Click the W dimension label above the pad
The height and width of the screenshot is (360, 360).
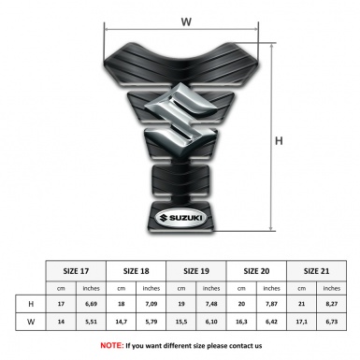[x=186, y=22]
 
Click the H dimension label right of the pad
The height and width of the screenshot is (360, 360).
[x=279, y=141]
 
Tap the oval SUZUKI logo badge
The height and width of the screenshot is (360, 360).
[x=180, y=218]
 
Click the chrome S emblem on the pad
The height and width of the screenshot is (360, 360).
[x=180, y=119]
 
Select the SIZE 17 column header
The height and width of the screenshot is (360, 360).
[x=76, y=271]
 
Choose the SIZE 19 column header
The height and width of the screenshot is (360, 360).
[x=196, y=271]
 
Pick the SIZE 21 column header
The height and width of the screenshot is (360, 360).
[x=316, y=271]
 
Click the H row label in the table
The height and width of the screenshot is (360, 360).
[x=31, y=304]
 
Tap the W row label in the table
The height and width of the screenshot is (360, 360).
[x=31, y=322]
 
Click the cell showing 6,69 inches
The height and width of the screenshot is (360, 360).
[x=91, y=304]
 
